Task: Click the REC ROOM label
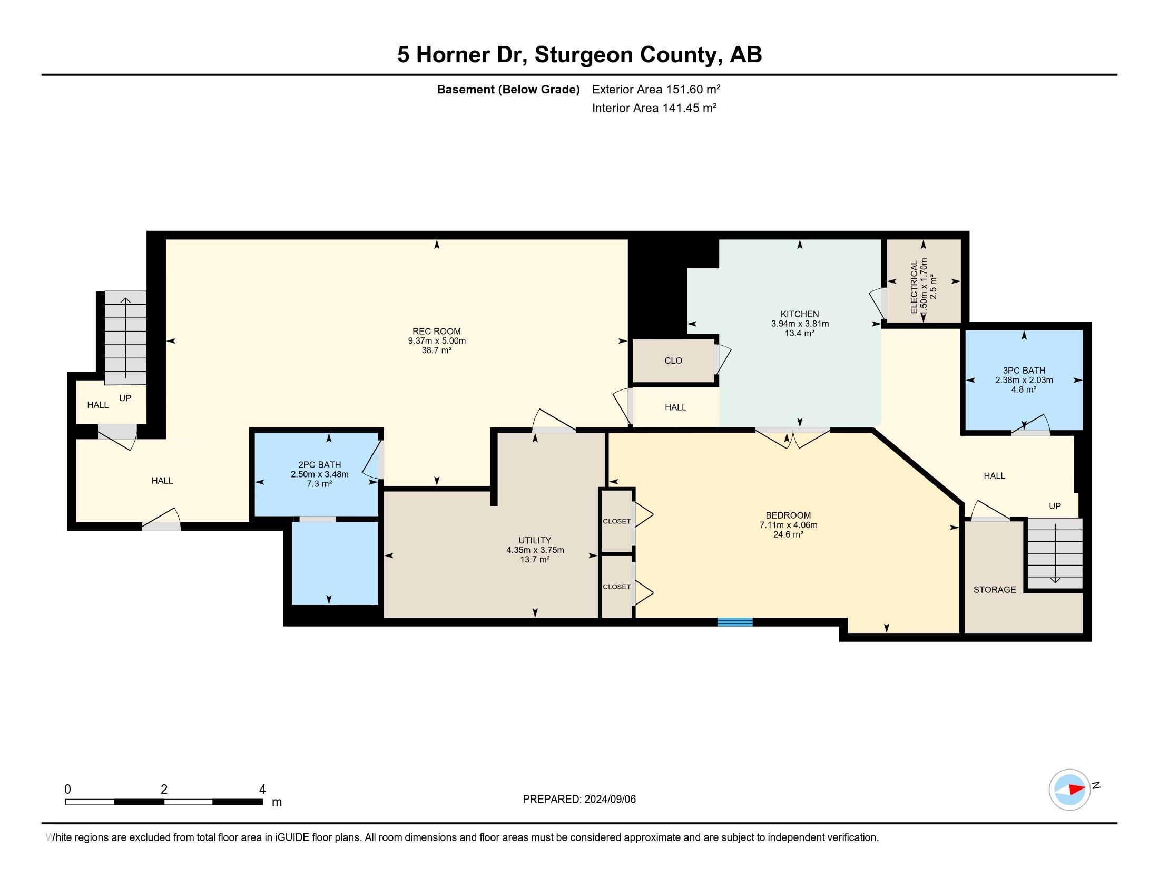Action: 436,331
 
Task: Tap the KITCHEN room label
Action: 799,314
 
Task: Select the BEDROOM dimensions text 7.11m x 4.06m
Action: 788,525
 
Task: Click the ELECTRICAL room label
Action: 915,287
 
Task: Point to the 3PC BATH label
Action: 1024,371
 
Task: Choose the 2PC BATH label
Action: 319,464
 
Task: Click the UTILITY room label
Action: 534,540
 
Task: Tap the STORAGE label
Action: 994,590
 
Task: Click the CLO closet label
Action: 673,361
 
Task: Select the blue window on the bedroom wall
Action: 734,622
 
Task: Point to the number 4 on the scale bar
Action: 262,790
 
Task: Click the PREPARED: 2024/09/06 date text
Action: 579,800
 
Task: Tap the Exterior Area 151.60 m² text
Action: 656,89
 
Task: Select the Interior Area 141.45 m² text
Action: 654,108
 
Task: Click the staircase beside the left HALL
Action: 125,337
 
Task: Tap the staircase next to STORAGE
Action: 1055,553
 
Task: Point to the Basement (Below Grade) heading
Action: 508,89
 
